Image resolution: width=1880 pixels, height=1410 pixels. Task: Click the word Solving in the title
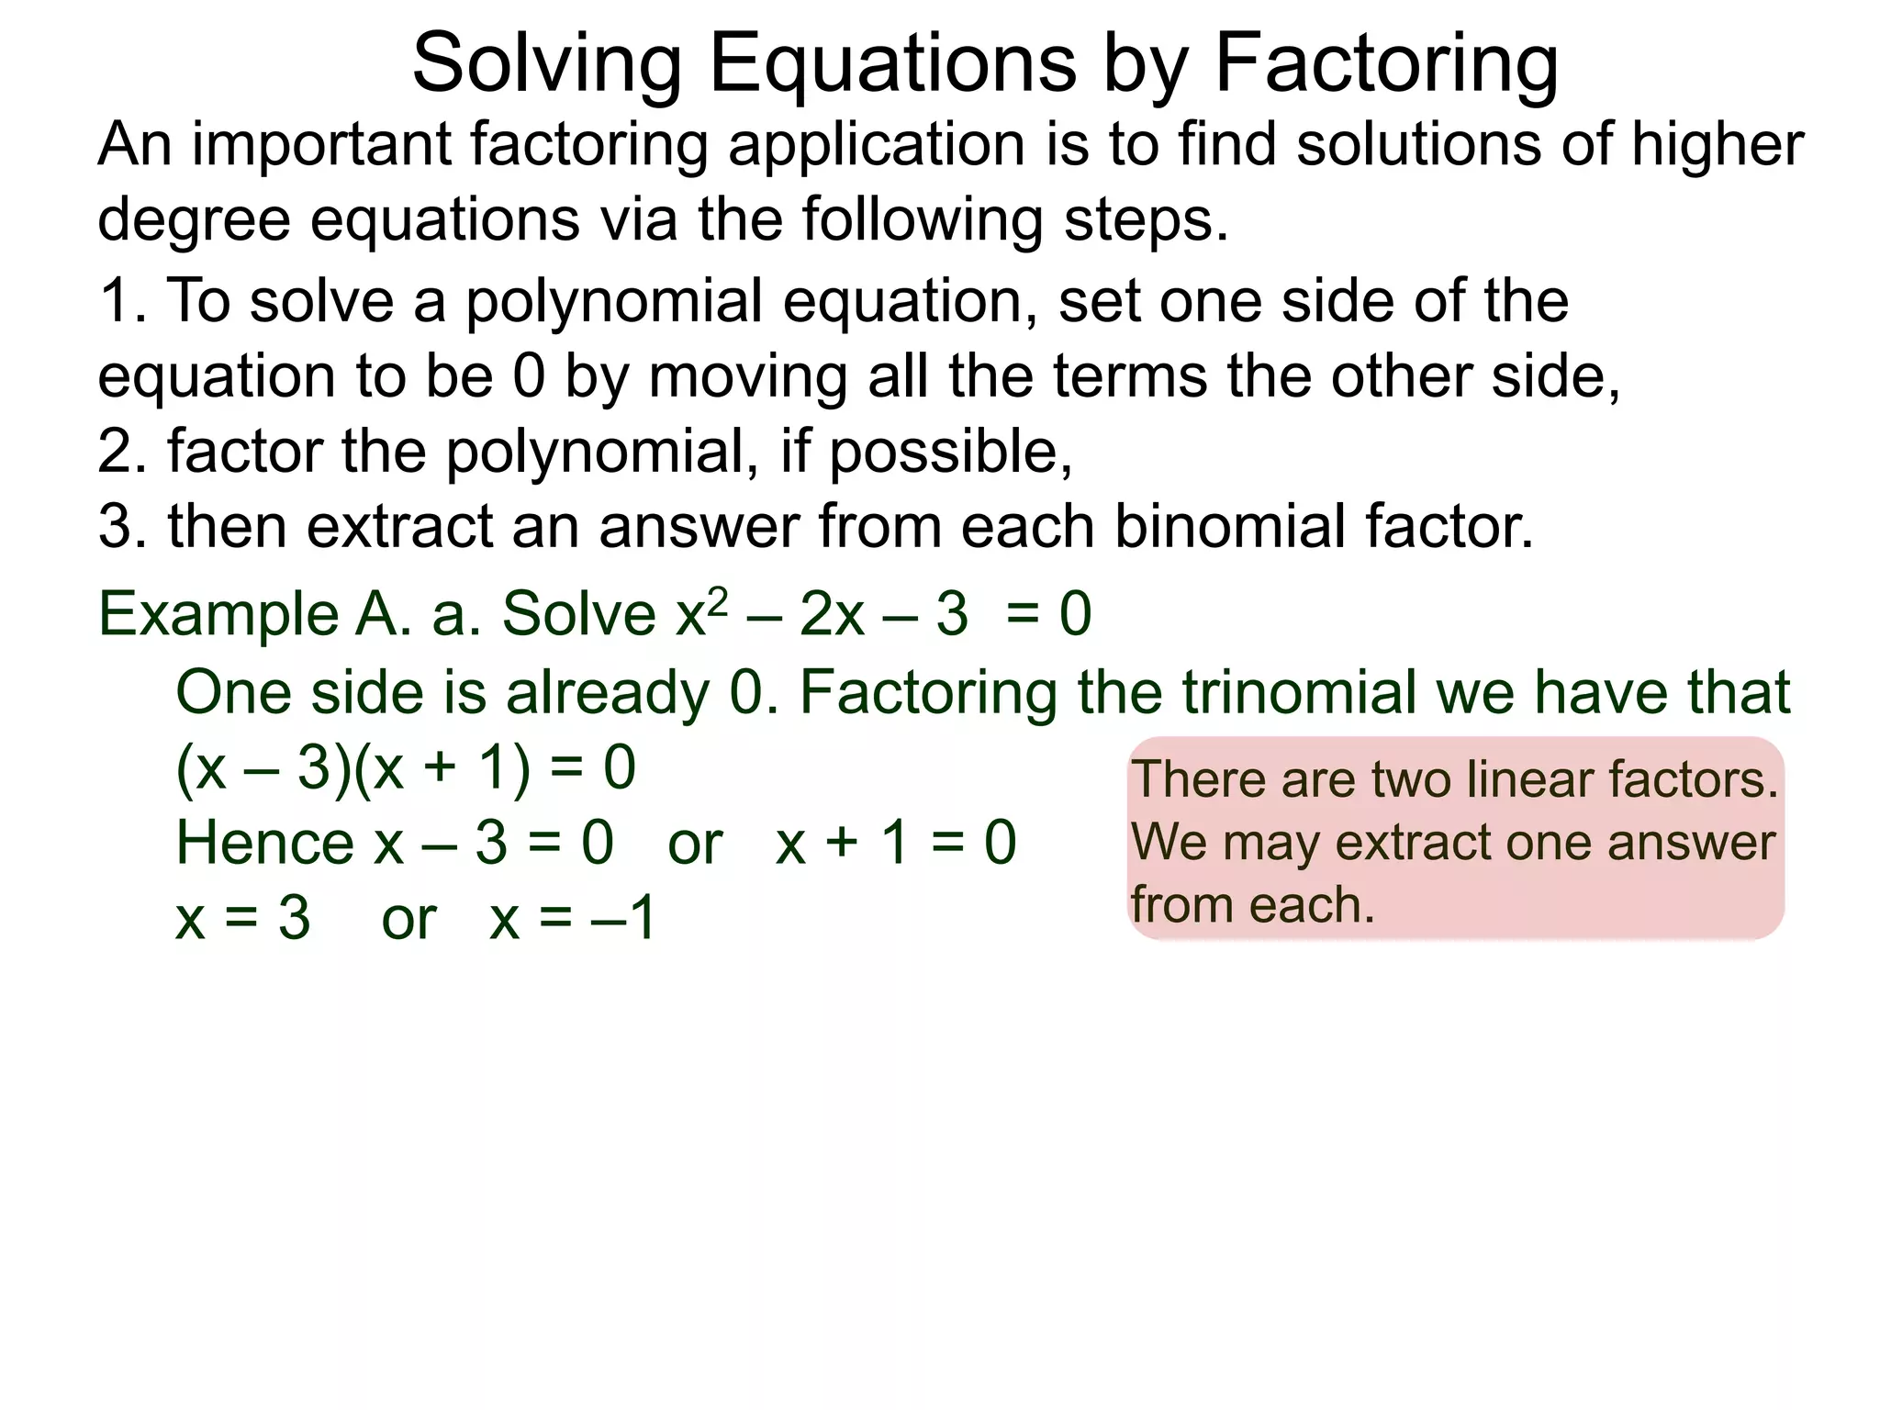click(546, 64)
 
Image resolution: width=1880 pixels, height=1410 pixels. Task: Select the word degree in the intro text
click(193, 220)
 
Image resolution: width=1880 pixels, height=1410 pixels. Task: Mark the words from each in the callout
click(1252, 905)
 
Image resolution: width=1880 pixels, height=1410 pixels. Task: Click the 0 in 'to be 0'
click(529, 376)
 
